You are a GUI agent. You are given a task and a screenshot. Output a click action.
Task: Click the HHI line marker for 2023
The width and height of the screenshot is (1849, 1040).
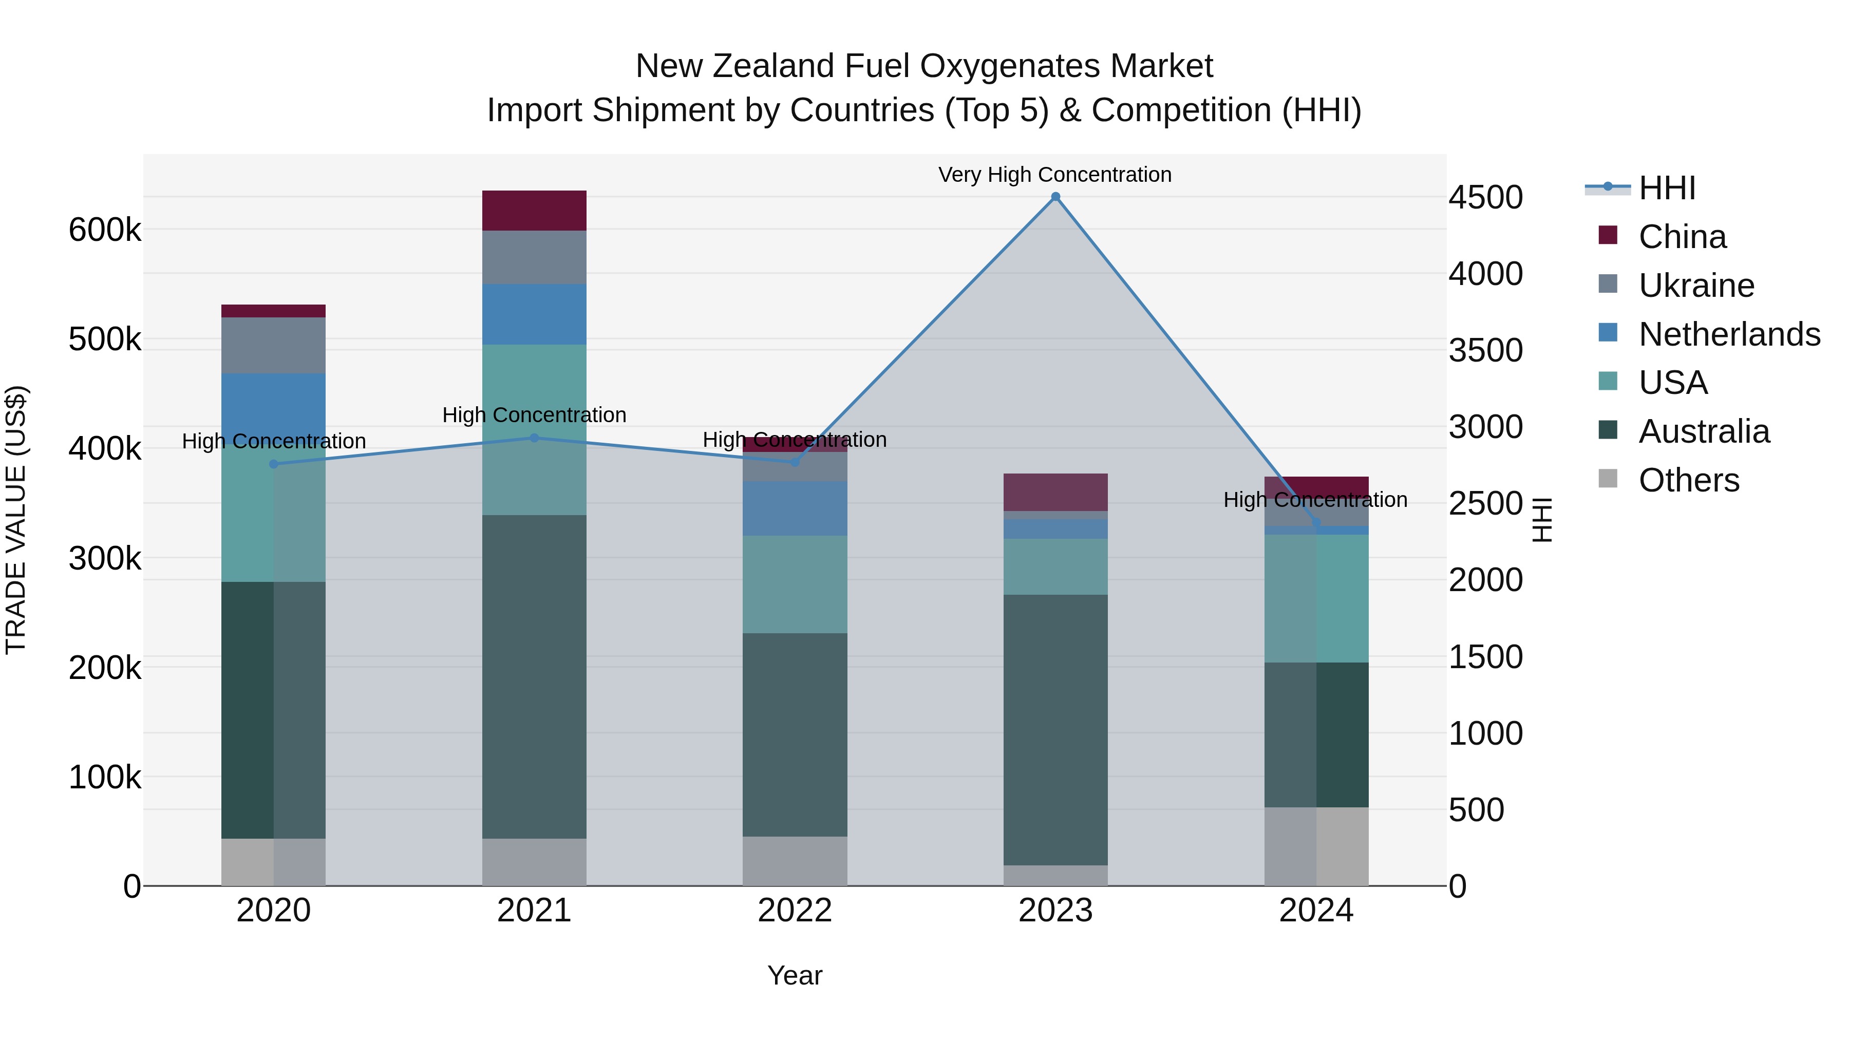point(1055,197)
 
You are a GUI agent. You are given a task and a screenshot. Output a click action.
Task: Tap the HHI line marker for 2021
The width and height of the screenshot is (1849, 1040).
point(534,438)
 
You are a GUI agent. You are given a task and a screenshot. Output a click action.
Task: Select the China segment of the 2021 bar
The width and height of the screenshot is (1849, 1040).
point(534,210)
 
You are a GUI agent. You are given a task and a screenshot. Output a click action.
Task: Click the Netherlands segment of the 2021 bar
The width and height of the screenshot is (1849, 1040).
point(534,314)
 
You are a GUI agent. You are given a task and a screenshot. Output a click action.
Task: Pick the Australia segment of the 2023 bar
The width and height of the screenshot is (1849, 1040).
point(1055,729)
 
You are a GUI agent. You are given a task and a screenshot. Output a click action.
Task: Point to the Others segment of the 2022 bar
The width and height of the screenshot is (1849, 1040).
point(795,861)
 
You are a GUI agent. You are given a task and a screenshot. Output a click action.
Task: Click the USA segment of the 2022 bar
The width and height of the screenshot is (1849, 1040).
point(795,584)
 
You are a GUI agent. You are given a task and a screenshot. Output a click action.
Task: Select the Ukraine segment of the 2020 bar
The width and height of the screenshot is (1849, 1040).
point(273,345)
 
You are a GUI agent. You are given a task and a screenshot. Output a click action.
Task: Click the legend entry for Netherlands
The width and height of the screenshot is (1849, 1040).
point(1729,334)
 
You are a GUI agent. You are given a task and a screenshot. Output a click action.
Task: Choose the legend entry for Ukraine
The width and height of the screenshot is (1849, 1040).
point(1696,286)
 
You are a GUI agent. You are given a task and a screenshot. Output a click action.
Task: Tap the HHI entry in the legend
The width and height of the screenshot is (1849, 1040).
point(1667,188)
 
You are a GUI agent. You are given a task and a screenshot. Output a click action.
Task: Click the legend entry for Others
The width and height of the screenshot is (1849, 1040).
point(1688,480)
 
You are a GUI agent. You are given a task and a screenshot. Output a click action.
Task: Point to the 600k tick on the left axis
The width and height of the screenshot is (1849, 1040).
point(105,231)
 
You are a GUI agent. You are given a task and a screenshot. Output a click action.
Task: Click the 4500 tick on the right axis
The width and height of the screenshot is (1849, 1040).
point(1485,197)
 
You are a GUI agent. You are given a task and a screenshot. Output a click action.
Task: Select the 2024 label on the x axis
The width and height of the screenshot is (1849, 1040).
point(1316,911)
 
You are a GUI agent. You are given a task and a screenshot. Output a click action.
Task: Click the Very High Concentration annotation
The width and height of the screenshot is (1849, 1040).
point(1054,175)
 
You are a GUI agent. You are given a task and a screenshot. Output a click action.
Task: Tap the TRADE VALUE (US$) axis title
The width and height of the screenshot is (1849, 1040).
point(16,520)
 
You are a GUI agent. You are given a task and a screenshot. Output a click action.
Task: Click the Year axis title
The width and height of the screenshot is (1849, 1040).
point(795,975)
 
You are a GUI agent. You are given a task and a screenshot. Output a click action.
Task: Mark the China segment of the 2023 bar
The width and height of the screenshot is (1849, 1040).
point(1055,493)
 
